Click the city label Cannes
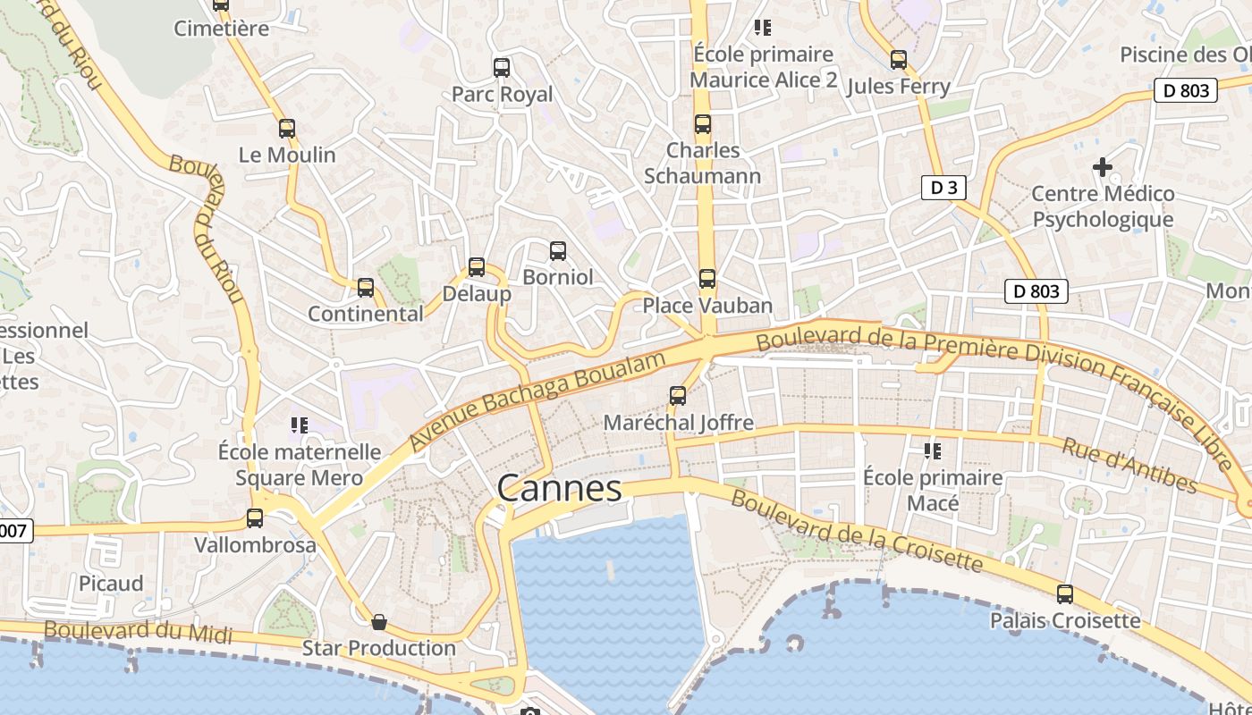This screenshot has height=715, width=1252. click(x=559, y=488)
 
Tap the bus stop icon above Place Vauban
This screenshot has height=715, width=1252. click(x=707, y=279)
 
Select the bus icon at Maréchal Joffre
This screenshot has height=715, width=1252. click(x=678, y=395)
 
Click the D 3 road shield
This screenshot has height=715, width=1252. click(x=943, y=188)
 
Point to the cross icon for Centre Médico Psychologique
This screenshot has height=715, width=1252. click(x=1103, y=167)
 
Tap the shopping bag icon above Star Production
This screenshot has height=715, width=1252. click(x=379, y=621)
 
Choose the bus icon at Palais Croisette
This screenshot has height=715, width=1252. click(x=1065, y=593)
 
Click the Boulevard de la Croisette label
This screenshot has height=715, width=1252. click(x=857, y=531)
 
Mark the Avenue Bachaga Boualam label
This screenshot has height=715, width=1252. click(x=538, y=400)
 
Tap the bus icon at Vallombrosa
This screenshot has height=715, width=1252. click(x=255, y=518)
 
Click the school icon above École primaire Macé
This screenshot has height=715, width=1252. click(x=933, y=451)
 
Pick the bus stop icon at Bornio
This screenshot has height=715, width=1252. click(x=558, y=251)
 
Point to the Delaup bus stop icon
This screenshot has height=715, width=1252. click(x=477, y=267)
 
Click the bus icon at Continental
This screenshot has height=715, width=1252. click(x=366, y=288)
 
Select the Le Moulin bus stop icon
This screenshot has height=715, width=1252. click(x=287, y=129)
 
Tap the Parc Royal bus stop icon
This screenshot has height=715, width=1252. click(x=502, y=67)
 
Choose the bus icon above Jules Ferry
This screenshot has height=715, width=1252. click(x=899, y=60)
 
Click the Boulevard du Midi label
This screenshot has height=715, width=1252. click(x=138, y=631)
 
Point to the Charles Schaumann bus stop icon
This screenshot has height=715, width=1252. click(x=703, y=124)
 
